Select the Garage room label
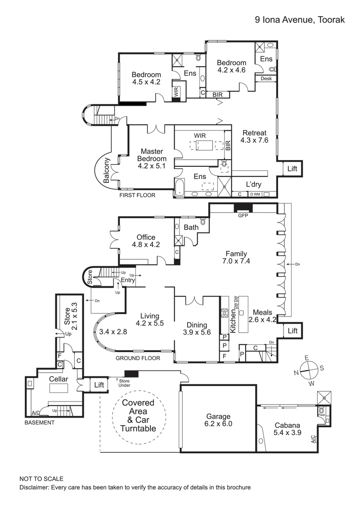click(x=218, y=420)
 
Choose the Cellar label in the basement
click(x=58, y=379)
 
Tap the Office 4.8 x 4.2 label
click(x=146, y=241)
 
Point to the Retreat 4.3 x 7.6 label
click(x=255, y=137)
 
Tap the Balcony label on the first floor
click(x=107, y=170)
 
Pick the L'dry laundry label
click(x=253, y=184)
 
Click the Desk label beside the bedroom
click(x=266, y=78)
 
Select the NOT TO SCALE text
click(x=41, y=479)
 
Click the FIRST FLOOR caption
click(x=137, y=196)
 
